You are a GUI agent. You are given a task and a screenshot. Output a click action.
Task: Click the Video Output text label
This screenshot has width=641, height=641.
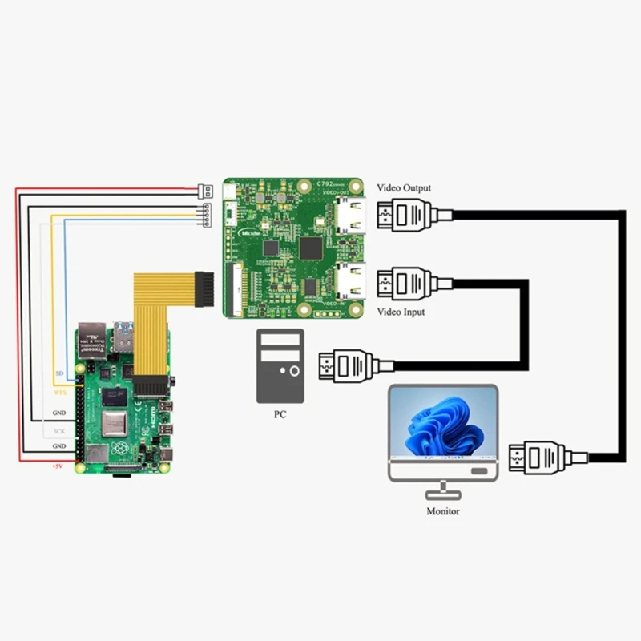404,188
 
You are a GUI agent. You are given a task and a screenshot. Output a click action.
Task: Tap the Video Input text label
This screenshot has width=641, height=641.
401,312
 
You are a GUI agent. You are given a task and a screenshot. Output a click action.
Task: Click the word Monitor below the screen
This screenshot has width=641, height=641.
443,510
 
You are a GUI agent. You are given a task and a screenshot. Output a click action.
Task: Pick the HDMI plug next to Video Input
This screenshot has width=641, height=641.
405,281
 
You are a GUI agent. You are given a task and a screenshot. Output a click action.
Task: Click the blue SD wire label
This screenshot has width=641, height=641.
59,374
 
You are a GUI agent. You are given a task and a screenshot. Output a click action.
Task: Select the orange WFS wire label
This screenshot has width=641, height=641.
58,393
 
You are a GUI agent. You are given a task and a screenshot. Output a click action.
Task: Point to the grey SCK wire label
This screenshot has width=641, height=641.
58,431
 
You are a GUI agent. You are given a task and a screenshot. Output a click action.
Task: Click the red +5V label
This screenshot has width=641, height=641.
57,466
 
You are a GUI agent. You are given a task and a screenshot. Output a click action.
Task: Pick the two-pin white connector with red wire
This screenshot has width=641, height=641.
205,191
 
